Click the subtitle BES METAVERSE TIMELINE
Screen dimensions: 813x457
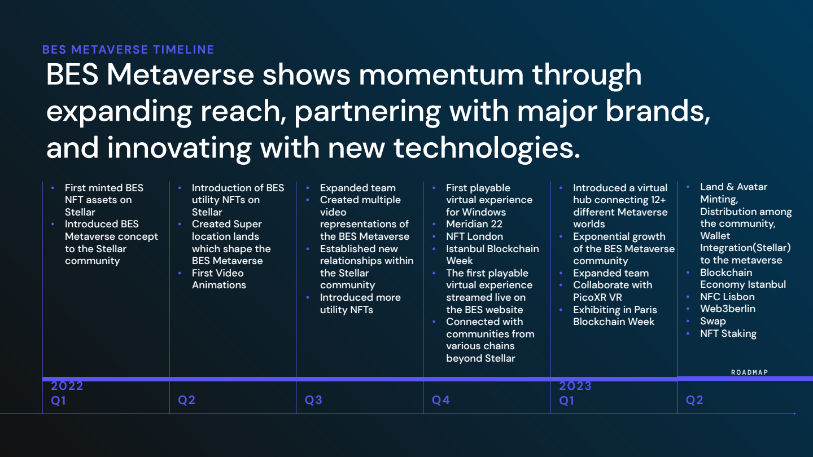128,50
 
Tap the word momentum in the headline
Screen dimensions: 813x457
441,75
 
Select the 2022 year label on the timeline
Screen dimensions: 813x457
67,386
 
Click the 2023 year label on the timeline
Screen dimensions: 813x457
575,386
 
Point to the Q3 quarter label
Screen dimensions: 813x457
313,400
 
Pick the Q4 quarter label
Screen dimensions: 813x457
441,400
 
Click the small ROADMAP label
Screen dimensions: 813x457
750,372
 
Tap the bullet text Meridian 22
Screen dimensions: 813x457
474,224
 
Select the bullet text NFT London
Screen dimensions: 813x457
474,236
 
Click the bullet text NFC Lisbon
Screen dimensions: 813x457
727,297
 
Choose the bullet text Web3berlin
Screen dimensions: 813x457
728,309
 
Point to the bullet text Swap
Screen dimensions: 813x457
713,322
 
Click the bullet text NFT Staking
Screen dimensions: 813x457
728,333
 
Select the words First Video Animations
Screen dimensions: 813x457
219,279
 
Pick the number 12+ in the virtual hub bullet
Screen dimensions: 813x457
658,200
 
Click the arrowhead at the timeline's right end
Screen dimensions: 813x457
794,414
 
